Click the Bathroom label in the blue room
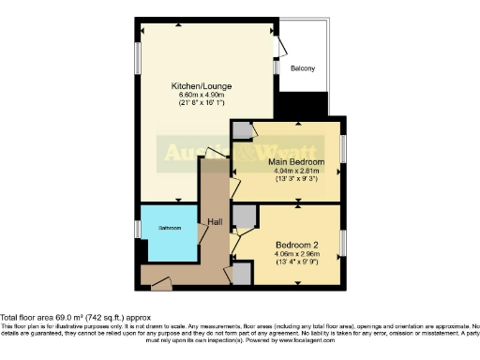[x=169, y=229]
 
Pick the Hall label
[x=214, y=222]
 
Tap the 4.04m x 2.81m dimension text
[x=291, y=172]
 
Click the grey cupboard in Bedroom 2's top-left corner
[x=245, y=217]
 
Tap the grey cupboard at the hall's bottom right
[x=242, y=273]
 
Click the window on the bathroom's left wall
[x=137, y=229]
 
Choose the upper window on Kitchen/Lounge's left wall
[x=137, y=52]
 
